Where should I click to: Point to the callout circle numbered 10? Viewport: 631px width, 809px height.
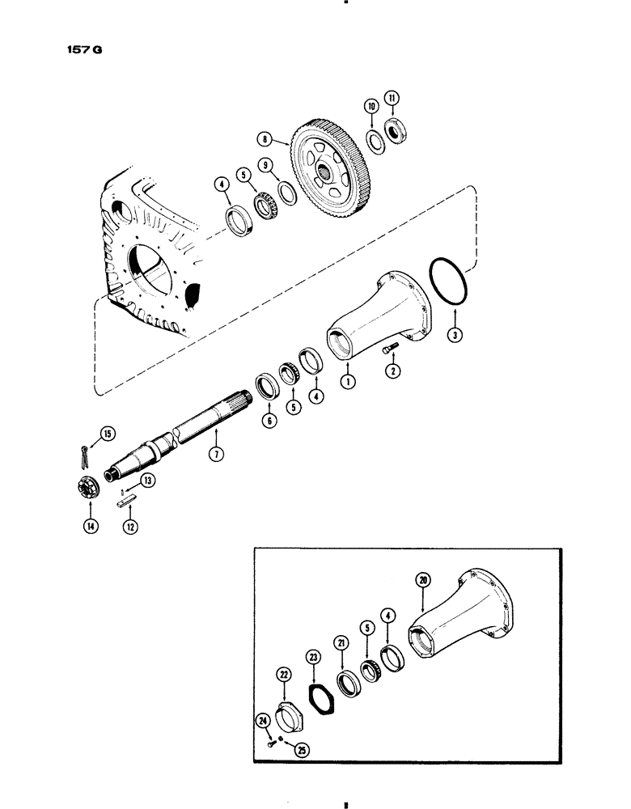(x=371, y=106)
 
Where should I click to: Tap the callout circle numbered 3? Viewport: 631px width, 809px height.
(x=456, y=334)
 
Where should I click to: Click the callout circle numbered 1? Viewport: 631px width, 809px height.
(x=349, y=378)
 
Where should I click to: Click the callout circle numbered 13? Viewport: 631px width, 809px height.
(x=148, y=481)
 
